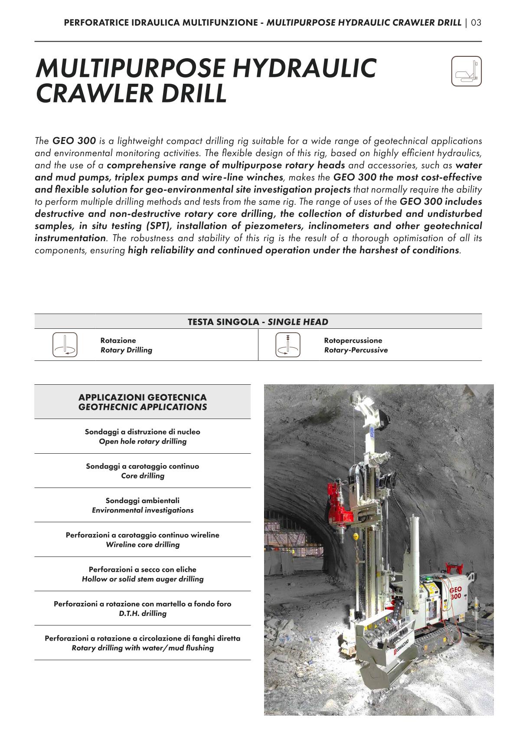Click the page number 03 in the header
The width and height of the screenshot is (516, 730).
click(x=476, y=23)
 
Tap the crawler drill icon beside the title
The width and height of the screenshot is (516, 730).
click(x=466, y=71)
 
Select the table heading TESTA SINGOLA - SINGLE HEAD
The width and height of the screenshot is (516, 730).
click(x=258, y=322)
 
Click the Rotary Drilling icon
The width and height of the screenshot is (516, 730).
click(x=65, y=345)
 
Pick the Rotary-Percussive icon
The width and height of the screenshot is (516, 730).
click(x=288, y=345)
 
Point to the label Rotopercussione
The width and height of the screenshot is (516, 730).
click(x=353, y=340)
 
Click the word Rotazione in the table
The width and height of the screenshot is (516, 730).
click(x=118, y=340)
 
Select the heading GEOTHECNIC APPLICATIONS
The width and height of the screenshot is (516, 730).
click(x=143, y=407)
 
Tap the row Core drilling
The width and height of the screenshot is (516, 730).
click(x=143, y=476)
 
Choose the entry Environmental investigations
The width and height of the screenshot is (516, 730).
click(x=143, y=510)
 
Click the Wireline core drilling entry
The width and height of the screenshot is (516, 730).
click(x=143, y=544)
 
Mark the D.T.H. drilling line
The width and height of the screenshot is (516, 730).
click(x=143, y=613)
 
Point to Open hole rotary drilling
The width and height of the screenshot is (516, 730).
click(x=143, y=442)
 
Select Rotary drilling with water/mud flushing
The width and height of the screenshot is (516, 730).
click(x=143, y=648)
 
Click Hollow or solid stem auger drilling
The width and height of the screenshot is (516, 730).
click(x=143, y=579)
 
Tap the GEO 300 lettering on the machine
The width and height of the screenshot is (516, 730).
click(x=455, y=593)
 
